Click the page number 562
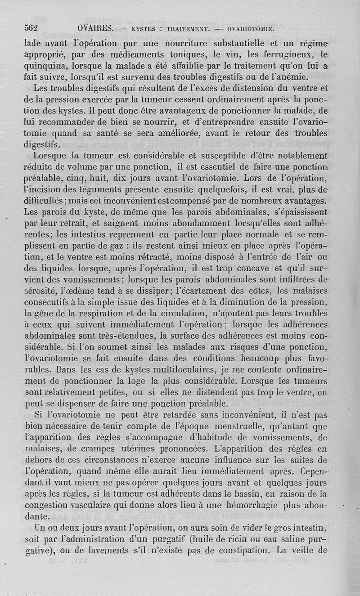31,28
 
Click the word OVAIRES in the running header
95,28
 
